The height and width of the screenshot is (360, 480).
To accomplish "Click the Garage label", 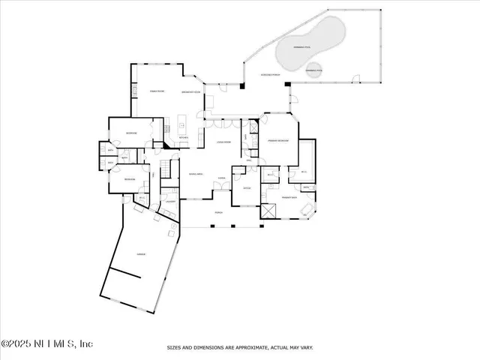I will click(140, 255).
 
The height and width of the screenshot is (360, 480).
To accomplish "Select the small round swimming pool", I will click(313, 71).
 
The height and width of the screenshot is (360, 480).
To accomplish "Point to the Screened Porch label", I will click(270, 76).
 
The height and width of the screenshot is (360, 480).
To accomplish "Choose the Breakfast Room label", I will click(191, 92).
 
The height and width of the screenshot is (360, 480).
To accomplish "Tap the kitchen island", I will click(182, 121).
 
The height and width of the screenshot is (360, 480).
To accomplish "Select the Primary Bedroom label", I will click(278, 140).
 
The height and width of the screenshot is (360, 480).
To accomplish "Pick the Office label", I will click(247, 189).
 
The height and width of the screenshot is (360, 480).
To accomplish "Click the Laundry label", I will click(192, 202).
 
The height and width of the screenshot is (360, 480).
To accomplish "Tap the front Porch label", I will click(219, 213).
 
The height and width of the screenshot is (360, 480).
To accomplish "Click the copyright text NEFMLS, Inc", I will click(46, 343).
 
